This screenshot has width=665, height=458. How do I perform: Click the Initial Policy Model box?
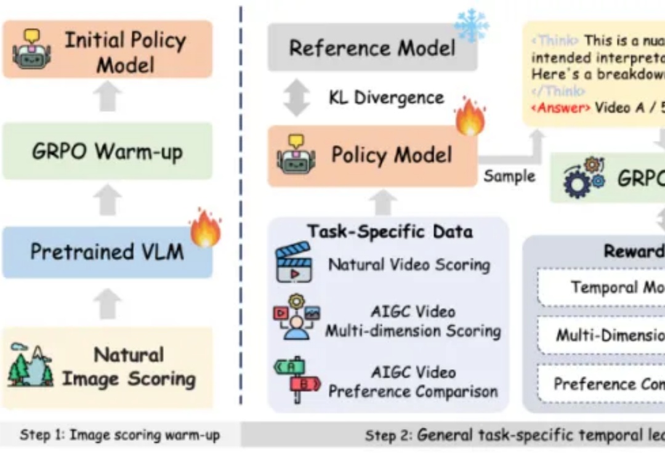pyautogui.click(x=108, y=49)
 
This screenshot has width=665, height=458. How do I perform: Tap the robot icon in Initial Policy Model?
pyautogui.click(x=32, y=49)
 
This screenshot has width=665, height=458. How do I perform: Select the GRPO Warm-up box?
pyautogui.click(x=108, y=151)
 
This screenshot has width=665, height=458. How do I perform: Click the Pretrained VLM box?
pyautogui.click(x=108, y=252)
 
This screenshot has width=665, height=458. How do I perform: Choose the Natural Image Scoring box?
pyautogui.click(x=108, y=367)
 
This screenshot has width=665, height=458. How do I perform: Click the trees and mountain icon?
pyautogui.click(x=30, y=366)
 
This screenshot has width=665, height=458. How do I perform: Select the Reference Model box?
pyautogui.click(x=372, y=48)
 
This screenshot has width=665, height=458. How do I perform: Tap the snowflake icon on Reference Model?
pyautogui.click(x=471, y=25)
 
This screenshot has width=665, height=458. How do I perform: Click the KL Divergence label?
pyautogui.click(x=386, y=98)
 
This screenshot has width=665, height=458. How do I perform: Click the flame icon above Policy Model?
pyautogui.click(x=470, y=117)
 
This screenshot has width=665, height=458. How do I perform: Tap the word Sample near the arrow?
pyautogui.click(x=509, y=176)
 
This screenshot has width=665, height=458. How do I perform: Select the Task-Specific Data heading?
pyautogui.click(x=390, y=231)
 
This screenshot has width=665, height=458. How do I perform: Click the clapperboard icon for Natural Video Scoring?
pyautogui.click(x=294, y=263)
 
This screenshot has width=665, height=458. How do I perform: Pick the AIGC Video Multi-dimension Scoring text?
pyautogui.click(x=413, y=321)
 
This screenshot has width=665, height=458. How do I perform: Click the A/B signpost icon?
pyautogui.click(x=296, y=378)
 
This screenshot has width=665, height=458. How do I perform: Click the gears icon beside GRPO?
pyautogui.click(x=584, y=177)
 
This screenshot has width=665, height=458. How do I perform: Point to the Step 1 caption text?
pyautogui.click(x=119, y=435)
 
